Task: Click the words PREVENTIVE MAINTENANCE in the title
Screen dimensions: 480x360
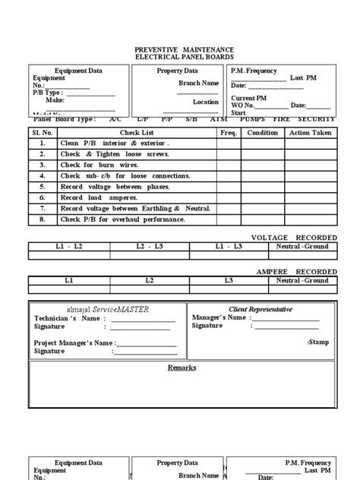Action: click(x=179, y=48)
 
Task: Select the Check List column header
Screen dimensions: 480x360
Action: click(x=137, y=132)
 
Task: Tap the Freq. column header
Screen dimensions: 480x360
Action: click(x=229, y=132)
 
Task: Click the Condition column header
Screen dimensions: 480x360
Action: click(x=263, y=132)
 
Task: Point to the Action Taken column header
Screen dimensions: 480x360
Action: click(x=309, y=132)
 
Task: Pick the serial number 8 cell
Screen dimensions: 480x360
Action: click(x=43, y=219)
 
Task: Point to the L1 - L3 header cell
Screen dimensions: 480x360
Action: click(x=228, y=247)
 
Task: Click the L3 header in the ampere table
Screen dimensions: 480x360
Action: click(x=228, y=280)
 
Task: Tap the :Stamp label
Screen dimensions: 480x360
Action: click(x=318, y=343)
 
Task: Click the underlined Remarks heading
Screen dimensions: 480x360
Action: click(x=182, y=368)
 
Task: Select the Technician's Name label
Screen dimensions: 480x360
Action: click(x=67, y=319)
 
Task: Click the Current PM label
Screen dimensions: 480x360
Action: click(x=249, y=98)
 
